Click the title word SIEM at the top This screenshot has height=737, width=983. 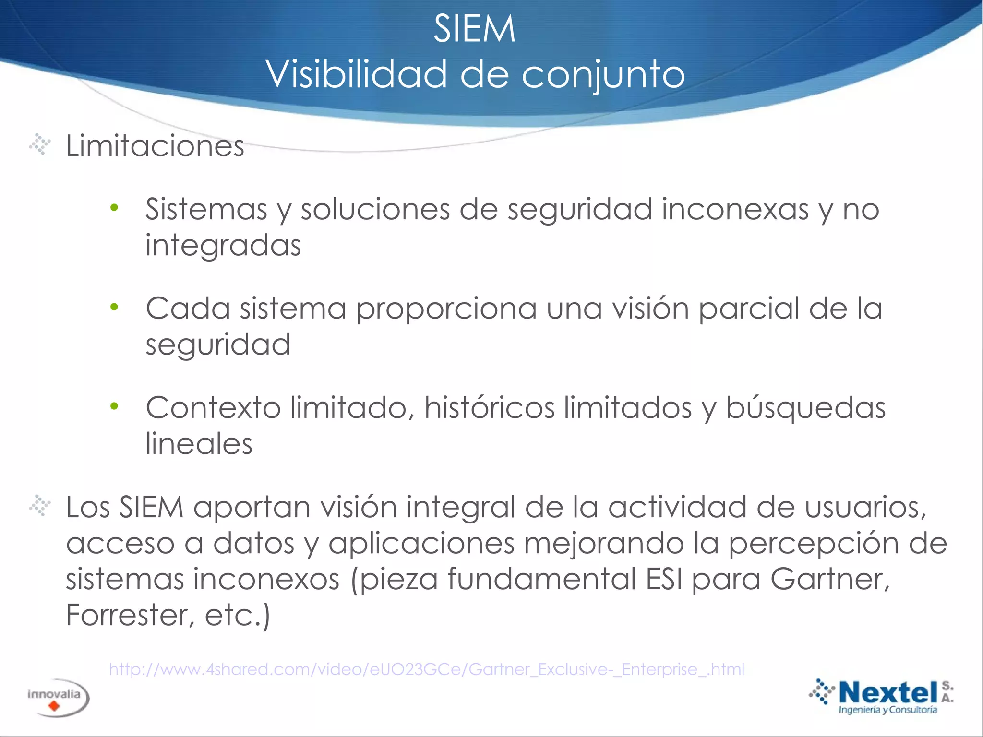click(474, 29)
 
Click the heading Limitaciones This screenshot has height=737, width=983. click(155, 146)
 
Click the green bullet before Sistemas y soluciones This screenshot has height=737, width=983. click(114, 208)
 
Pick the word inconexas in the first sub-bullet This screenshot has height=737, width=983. click(735, 209)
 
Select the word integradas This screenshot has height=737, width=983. click(223, 246)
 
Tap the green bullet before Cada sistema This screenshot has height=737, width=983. click(114, 307)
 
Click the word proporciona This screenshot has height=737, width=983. click(446, 309)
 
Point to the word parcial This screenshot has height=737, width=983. click(749, 308)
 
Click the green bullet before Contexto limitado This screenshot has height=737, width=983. click(114, 406)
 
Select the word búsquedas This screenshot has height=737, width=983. click(805, 408)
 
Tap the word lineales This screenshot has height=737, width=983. click(199, 444)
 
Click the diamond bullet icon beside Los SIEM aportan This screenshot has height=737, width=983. click(40, 506)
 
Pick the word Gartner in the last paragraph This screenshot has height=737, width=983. click(829, 579)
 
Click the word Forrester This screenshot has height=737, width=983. click(127, 615)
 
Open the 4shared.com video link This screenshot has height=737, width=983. click(427, 669)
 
